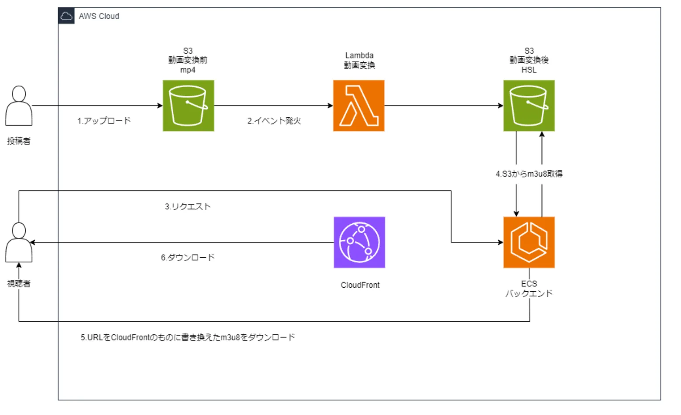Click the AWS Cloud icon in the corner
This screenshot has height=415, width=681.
(x=66, y=16)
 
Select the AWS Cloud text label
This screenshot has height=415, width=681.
(x=99, y=16)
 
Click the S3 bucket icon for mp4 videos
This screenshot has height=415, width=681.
(x=188, y=105)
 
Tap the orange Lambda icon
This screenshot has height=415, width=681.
(x=358, y=105)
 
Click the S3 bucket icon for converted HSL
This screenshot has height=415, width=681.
(x=529, y=105)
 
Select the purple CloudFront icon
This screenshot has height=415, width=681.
(x=359, y=242)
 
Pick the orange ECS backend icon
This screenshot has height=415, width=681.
(x=529, y=242)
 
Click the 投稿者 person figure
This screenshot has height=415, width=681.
(x=19, y=106)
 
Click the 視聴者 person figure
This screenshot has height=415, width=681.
(x=19, y=243)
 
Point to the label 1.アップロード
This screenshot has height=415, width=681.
(x=104, y=121)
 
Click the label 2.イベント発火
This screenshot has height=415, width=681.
(x=274, y=121)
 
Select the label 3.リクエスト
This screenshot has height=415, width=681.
(x=188, y=207)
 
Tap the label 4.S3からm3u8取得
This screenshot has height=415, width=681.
(x=529, y=174)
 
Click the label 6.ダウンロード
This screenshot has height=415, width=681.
(x=188, y=258)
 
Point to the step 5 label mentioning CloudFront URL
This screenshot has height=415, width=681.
(x=188, y=337)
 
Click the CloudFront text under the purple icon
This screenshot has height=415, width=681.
(x=360, y=285)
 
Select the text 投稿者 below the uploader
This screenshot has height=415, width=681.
(x=19, y=141)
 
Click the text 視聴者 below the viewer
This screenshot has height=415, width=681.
(x=19, y=283)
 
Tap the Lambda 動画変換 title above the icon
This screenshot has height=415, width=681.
(x=359, y=61)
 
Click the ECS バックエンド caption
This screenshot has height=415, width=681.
(x=529, y=289)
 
